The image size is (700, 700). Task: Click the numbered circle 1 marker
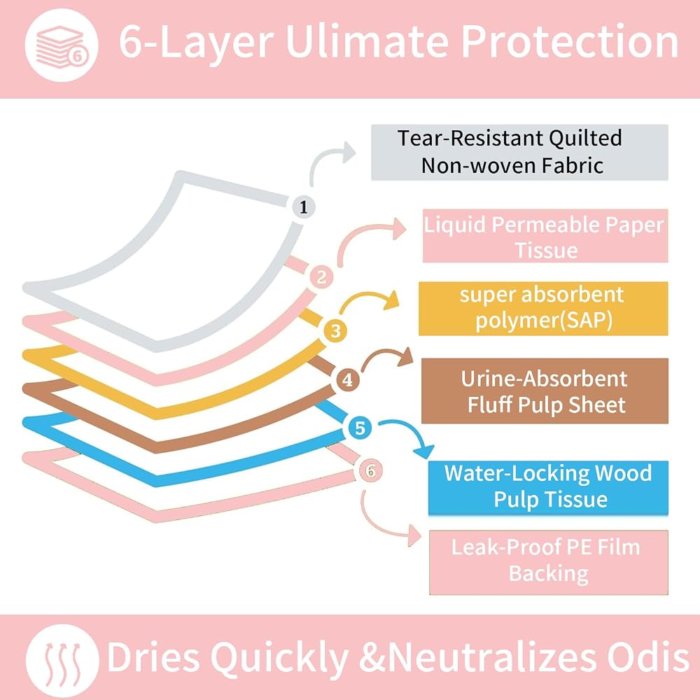click(x=304, y=207)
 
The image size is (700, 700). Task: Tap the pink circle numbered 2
click(x=321, y=277)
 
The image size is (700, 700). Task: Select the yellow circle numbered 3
click(x=336, y=331)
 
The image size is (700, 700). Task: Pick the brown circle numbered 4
click(x=347, y=380)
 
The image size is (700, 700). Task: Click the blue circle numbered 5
click(x=360, y=428)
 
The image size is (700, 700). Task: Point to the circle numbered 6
click(x=370, y=470)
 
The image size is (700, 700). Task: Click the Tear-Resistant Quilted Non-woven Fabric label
click(x=519, y=152)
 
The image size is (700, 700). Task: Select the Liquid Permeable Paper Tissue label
click(x=545, y=236)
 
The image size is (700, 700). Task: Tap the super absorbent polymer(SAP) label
click(x=543, y=308)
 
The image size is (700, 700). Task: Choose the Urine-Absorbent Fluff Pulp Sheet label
click(x=545, y=391)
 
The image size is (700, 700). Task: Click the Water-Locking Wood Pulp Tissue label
click(x=548, y=487)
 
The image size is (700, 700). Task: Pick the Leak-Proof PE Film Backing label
click(x=549, y=562)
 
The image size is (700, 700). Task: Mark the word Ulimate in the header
click(x=367, y=41)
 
